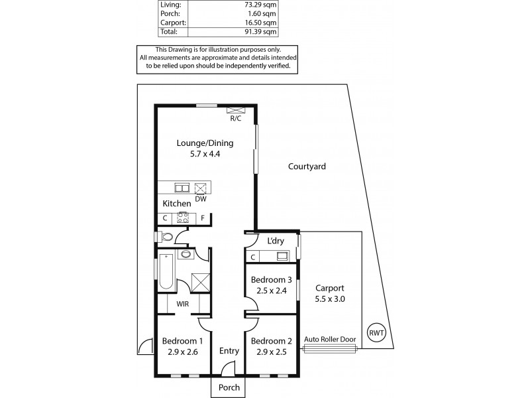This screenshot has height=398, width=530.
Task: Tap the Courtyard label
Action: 307,167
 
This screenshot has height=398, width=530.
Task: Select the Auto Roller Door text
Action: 329,338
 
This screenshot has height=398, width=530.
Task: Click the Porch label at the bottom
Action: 229,387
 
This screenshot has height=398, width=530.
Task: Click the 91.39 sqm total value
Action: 260,31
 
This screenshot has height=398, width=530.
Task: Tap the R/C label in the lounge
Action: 235,119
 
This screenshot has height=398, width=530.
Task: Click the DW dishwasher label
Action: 201,198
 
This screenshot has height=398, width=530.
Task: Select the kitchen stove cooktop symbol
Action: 183,217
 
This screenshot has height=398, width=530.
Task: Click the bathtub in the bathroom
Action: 166,273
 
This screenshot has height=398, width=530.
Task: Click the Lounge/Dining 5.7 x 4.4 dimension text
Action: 204,154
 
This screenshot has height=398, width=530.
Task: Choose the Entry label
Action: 229,352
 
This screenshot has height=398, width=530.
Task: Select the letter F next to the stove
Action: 202,218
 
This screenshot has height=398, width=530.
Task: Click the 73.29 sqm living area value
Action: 260,4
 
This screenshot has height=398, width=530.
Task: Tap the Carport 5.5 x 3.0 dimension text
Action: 329,299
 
